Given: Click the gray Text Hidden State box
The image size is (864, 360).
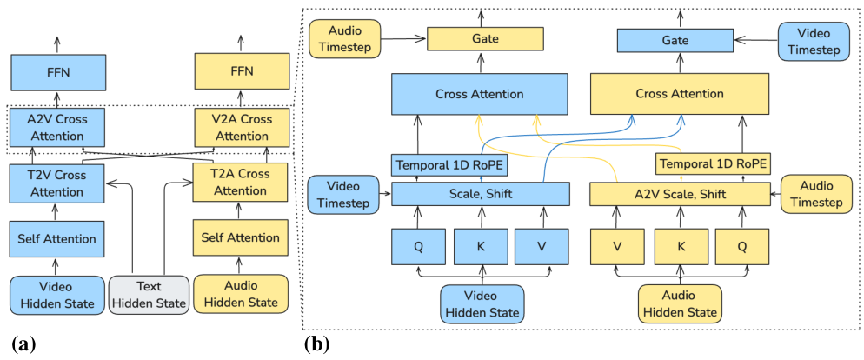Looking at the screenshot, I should pos(149,294).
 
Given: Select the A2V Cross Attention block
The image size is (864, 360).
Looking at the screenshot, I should pos(57,128).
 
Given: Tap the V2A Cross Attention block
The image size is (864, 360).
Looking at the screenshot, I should pos(240,128).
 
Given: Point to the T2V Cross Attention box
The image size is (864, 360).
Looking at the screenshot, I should pos(57,183).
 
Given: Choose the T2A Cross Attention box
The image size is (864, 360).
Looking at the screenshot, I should pos(240,183).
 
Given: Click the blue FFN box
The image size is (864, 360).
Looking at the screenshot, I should pos(57,74).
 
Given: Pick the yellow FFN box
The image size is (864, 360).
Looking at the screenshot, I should pos(240,74).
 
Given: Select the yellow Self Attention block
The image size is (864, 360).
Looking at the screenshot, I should pos(240,237).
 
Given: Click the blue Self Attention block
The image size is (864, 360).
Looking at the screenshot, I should pos(57,237).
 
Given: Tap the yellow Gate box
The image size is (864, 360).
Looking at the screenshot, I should pos(485,39).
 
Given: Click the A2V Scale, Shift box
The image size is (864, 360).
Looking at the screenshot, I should pos(681,194).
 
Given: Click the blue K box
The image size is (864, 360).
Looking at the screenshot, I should pos(480,245).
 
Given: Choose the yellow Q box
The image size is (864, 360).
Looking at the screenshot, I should pos(742,245).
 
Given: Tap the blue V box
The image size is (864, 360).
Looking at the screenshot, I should pos(541,245).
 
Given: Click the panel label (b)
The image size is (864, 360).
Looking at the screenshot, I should pos(316,343).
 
